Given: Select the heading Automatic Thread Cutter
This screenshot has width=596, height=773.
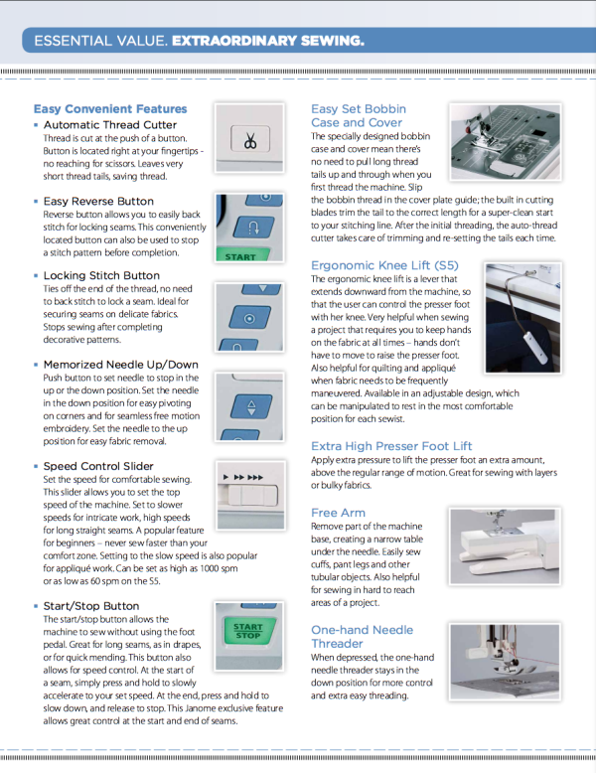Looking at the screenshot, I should point(109,125).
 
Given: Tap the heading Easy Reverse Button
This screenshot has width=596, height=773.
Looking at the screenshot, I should point(98,201).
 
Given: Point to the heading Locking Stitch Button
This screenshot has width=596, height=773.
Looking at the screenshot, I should point(101,275).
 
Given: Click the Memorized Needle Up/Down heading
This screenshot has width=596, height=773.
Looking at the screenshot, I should point(120,365).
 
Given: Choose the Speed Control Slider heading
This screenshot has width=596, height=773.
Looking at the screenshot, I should point(98,466).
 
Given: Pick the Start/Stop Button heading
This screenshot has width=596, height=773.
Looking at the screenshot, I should point(91,605).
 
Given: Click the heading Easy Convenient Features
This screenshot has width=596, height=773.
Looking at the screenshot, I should point(110,108).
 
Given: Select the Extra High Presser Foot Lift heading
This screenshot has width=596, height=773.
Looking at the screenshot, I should point(391,446).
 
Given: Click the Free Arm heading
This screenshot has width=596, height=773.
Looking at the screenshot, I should point(339,513).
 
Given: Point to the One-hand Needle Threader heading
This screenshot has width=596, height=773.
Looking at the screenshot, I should point(362,637).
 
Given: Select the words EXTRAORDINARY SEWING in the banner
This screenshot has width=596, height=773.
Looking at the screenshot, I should point(267,41).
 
